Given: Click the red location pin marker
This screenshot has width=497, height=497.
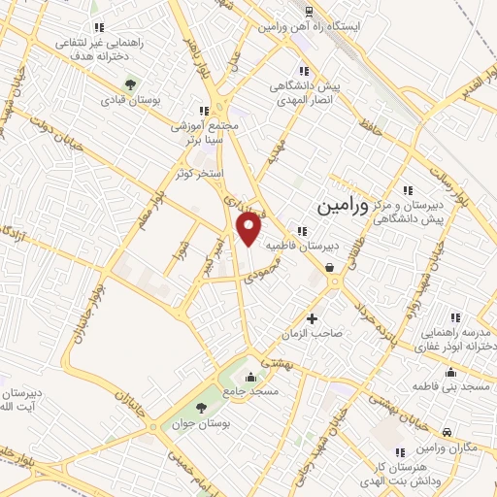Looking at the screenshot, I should tap(250, 229).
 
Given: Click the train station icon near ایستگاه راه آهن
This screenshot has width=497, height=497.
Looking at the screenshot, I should tap(308, 12).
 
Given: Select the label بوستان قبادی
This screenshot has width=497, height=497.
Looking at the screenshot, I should tap(133, 98).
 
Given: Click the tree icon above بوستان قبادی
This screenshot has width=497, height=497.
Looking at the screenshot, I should tap(133, 82).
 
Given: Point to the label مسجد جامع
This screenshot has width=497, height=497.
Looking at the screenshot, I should tap(251, 391).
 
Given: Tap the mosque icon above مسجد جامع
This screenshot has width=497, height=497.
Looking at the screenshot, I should tap(251, 377).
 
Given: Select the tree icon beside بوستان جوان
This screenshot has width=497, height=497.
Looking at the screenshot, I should tap(201, 408).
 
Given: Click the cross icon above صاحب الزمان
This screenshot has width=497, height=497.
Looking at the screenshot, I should tap(312, 317).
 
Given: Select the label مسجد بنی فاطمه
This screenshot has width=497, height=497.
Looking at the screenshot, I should tap(452, 386).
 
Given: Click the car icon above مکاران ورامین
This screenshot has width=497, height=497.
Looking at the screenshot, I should tap(446, 432).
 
